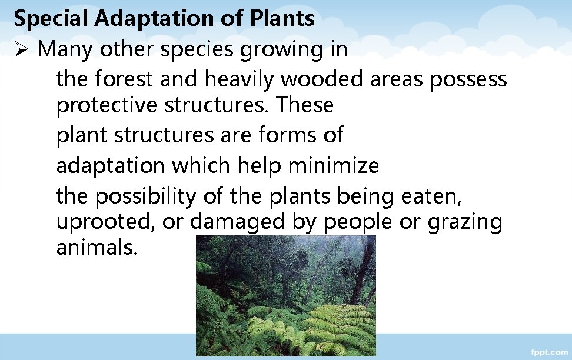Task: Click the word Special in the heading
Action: click(x=51, y=19)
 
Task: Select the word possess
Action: click(x=468, y=78)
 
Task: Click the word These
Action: click(x=305, y=106)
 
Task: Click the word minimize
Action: click(x=333, y=165)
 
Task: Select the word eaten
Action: click(x=432, y=196)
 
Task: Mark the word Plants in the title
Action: click(x=282, y=19)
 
